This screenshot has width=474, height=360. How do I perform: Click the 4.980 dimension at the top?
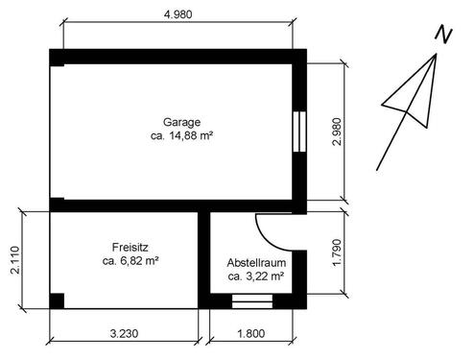click(x=178, y=14)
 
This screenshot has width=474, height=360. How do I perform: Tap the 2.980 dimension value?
click(x=337, y=132)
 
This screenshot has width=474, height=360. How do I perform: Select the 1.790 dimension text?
click(x=337, y=252)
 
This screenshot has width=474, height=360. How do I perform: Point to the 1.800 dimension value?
click(x=251, y=334)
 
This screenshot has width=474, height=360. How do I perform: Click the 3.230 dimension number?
click(x=124, y=334)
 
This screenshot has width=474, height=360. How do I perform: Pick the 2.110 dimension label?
click(x=15, y=260)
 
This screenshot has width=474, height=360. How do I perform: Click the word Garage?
click(x=181, y=122)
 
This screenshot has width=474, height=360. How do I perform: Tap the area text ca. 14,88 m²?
click(x=181, y=135)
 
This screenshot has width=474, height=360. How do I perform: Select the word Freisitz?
click(x=130, y=247)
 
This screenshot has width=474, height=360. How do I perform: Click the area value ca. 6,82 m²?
click(x=130, y=261)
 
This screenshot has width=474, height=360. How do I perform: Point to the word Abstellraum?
click(x=256, y=263)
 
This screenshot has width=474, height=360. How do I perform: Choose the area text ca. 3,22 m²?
click(x=256, y=276)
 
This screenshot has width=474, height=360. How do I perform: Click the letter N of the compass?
click(x=443, y=34)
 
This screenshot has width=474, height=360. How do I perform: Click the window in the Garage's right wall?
click(x=299, y=132)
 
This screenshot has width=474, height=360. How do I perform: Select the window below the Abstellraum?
click(x=252, y=301)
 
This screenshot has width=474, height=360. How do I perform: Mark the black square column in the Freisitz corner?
click(x=57, y=300)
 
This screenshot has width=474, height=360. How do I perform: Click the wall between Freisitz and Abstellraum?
click(x=203, y=260)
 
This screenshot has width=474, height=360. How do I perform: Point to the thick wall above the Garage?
click(x=178, y=57)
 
